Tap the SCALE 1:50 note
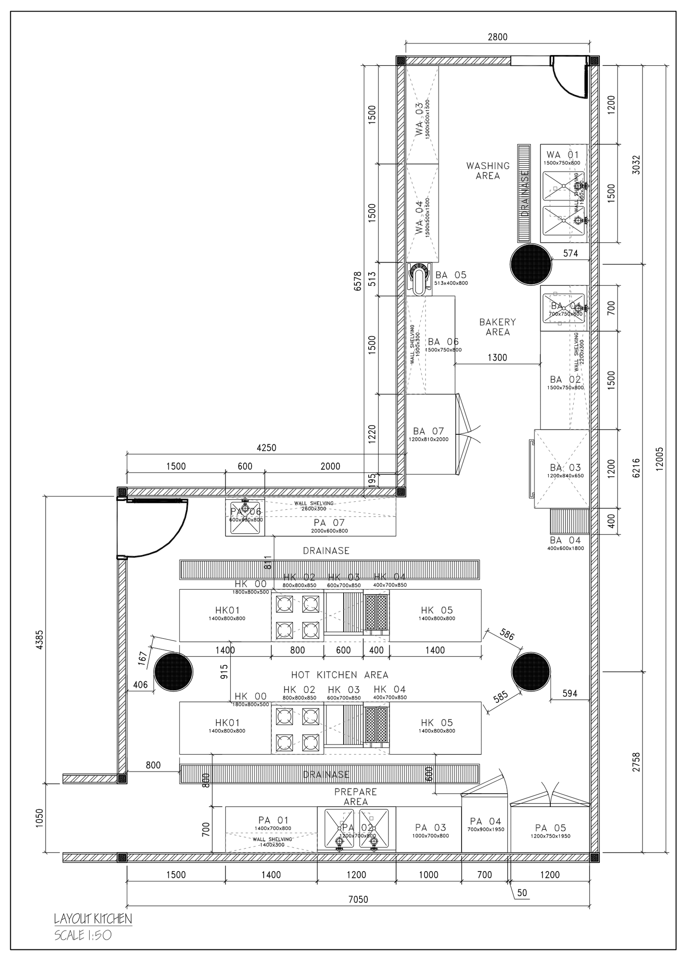(x=83, y=935)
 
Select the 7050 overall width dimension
(x=358, y=899)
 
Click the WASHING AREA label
(x=487, y=170)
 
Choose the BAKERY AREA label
(x=497, y=327)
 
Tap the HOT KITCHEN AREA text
(x=339, y=674)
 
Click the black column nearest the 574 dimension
(x=531, y=264)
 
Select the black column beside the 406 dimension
(x=174, y=671)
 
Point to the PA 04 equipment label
(x=485, y=821)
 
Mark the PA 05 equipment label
(x=550, y=828)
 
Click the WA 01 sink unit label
(x=562, y=154)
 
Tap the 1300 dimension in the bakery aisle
(x=497, y=357)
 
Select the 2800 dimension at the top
(x=497, y=37)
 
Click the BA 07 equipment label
(x=428, y=431)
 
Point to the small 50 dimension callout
(x=521, y=893)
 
